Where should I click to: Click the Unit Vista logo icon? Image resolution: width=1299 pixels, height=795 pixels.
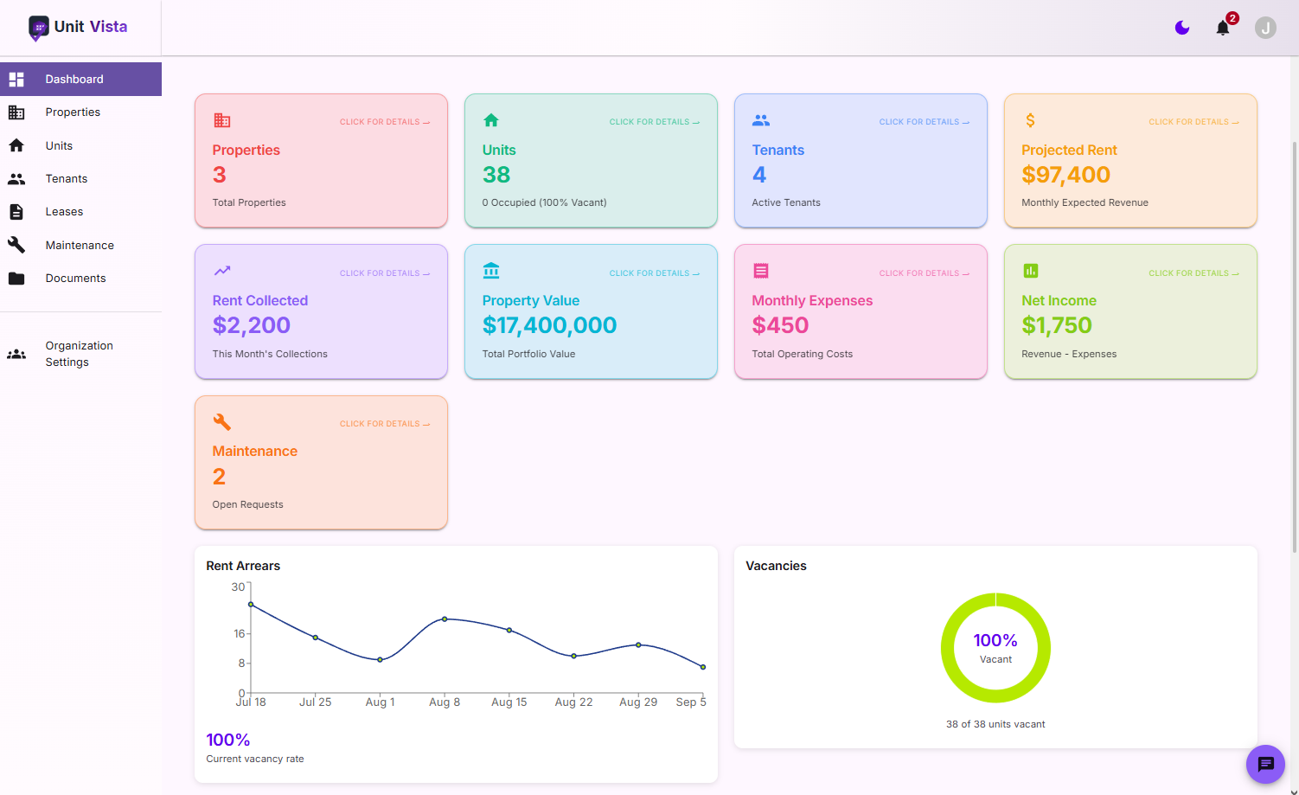click(x=39, y=28)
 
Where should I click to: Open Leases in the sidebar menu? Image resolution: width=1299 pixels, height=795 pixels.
click(x=64, y=212)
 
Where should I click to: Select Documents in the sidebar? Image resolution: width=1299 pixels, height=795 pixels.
click(x=75, y=279)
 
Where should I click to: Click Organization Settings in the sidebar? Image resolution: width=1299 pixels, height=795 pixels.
click(x=79, y=354)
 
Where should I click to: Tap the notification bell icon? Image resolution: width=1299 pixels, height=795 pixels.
click(x=1222, y=29)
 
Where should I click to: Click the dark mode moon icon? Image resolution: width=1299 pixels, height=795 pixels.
click(x=1182, y=29)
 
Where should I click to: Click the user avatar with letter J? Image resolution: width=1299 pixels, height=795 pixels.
click(x=1265, y=29)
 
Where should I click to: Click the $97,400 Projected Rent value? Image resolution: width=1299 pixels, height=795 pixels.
click(x=1065, y=175)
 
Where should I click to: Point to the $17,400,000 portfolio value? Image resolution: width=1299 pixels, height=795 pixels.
click(x=549, y=325)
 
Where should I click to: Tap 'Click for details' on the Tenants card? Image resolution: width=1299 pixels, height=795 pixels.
click(x=924, y=122)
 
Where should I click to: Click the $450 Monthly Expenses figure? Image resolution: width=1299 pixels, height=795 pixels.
click(x=780, y=325)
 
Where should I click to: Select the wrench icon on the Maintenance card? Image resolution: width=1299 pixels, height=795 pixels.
click(x=222, y=422)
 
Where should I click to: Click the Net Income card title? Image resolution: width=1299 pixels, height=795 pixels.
click(x=1059, y=300)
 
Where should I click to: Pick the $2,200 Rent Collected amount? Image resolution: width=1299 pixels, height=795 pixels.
click(x=252, y=325)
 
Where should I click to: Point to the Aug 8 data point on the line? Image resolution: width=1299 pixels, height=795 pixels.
click(x=445, y=619)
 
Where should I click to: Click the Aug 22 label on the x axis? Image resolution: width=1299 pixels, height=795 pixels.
click(x=573, y=702)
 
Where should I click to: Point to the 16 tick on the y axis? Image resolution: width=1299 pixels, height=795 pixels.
click(x=240, y=633)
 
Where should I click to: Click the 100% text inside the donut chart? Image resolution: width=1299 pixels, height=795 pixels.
click(x=995, y=640)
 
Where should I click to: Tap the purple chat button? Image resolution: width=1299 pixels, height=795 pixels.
click(x=1265, y=764)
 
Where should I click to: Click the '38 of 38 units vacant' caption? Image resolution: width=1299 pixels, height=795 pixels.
click(x=995, y=724)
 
